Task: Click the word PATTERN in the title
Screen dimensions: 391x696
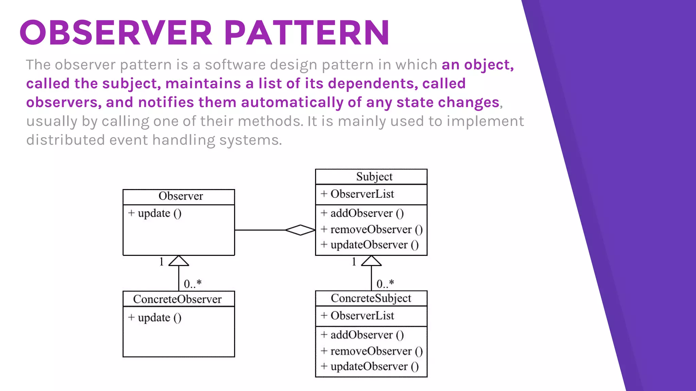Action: coord(307,33)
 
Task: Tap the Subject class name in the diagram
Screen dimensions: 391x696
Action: coord(374,176)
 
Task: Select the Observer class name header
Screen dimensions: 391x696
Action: coord(180,196)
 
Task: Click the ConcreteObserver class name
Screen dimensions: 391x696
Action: coord(177,299)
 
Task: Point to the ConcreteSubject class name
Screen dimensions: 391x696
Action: coord(371,298)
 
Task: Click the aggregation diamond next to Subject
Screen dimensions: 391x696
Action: coord(300,230)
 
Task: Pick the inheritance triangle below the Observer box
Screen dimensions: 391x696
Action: coord(179,261)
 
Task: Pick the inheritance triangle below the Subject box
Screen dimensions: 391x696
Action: coord(371,261)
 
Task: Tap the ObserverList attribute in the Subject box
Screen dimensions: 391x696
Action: coord(362,194)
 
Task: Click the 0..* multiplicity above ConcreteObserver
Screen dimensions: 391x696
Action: coord(193,284)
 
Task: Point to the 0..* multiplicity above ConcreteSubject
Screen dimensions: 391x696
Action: coord(385,284)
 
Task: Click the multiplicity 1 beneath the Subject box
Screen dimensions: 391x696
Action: coord(354,262)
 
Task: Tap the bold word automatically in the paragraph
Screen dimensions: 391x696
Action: coord(292,103)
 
